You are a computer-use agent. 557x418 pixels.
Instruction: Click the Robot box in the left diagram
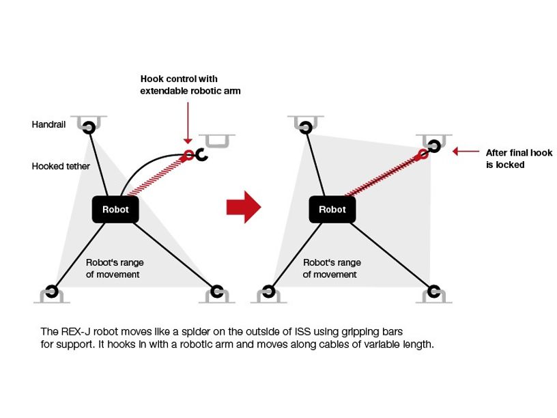coord(115,210)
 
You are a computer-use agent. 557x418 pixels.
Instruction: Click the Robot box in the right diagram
coord(332,210)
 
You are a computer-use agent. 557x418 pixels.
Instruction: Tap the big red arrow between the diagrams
coord(244,207)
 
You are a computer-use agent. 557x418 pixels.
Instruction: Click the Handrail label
coord(48,125)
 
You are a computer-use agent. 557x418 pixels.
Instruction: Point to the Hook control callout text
coord(190,85)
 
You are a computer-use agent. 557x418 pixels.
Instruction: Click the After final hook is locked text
coord(519,158)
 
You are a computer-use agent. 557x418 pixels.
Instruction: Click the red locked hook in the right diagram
coord(424,154)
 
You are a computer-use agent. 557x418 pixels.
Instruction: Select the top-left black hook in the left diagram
coord(89,127)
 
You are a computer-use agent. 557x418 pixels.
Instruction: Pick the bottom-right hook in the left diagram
coord(217,292)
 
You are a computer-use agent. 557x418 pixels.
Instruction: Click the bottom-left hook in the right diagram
coord(268,292)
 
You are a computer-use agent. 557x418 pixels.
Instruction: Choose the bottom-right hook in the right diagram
coord(433,292)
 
